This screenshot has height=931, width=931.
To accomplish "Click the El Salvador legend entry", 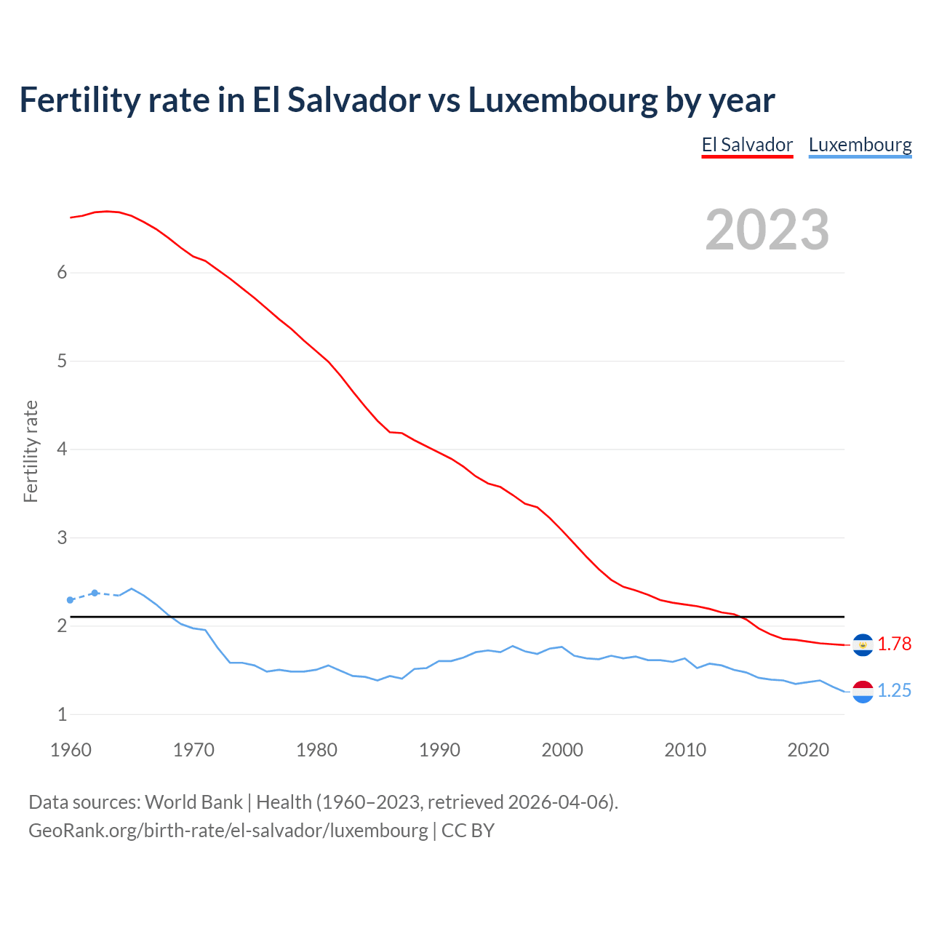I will pyautogui.click(x=747, y=145).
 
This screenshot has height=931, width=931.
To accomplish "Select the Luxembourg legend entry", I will pyautogui.click(x=860, y=145).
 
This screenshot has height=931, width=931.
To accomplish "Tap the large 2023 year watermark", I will pyautogui.click(x=767, y=230).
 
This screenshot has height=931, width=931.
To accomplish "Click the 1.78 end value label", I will pyautogui.click(x=894, y=644).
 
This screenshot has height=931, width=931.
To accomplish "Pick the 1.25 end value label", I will pyautogui.click(x=894, y=691).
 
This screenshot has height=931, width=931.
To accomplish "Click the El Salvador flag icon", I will pyautogui.click(x=863, y=644).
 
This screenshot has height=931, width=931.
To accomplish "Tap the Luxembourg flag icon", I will pyautogui.click(x=863, y=691).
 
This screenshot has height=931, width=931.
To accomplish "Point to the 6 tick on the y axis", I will pyautogui.click(x=62, y=273).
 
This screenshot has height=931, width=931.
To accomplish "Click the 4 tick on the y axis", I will pyautogui.click(x=62, y=449).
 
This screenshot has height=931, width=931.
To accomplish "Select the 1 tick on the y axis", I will pyautogui.click(x=62, y=715).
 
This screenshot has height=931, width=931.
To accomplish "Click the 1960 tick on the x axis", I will pyautogui.click(x=71, y=750).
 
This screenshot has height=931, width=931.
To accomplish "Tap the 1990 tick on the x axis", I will pyautogui.click(x=439, y=750).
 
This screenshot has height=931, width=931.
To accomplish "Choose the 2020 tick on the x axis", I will pyautogui.click(x=808, y=750).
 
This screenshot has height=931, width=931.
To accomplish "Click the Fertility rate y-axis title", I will pyautogui.click(x=31, y=451).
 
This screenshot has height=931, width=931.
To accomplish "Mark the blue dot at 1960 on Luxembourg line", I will pyautogui.click(x=71, y=600).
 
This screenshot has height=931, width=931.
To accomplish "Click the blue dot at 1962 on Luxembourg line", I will pyautogui.click(x=95, y=593).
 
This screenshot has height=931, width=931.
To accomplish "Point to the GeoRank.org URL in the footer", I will pyautogui.click(x=228, y=831).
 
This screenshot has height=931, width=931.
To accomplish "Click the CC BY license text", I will pyautogui.click(x=468, y=831).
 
